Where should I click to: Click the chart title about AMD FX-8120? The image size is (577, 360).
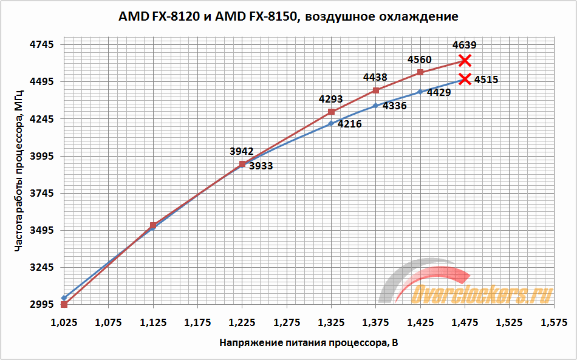[288, 16]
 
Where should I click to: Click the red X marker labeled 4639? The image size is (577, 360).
[465, 60]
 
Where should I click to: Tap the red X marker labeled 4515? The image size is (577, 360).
[465, 79]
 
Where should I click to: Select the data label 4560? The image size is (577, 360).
[420, 59]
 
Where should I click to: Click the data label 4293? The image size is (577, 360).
[331, 99]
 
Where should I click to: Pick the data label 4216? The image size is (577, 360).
[349, 124]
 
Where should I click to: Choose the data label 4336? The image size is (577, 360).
[394, 106]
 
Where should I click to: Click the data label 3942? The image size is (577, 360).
[242, 151]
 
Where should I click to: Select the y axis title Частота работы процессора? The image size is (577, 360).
[18, 175]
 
